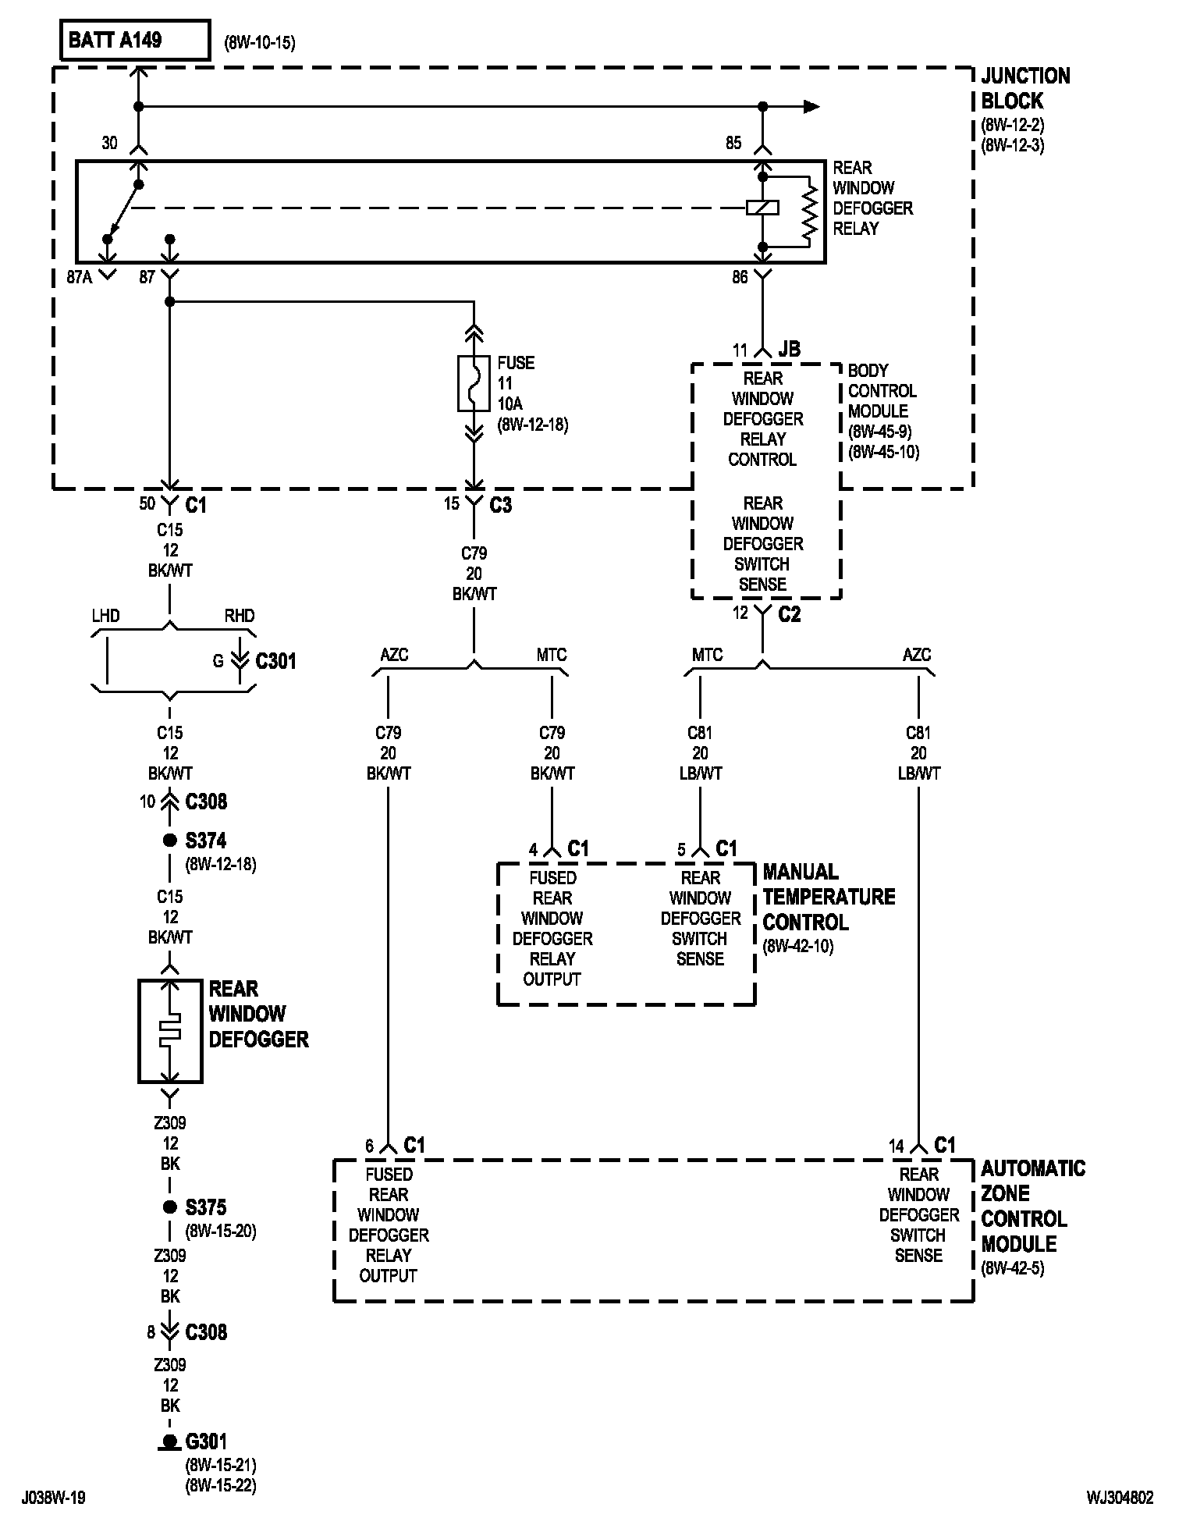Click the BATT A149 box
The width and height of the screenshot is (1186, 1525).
[x=135, y=41]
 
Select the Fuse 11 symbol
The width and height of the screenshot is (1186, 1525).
[x=474, y=383]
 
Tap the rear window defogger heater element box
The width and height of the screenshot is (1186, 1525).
[x=170, y=1031]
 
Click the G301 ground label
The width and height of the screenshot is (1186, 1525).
[x=206, y=1441]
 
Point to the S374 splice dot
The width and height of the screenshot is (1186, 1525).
[x=169, y=841]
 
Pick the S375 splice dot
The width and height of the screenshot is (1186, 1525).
[x=169, y=1207]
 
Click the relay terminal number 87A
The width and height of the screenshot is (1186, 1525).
[x=80, y=277]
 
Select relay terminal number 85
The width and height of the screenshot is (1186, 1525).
[x=733, y=144]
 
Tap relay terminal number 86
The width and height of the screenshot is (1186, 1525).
[x=740, y=277]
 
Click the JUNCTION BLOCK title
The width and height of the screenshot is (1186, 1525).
[x=1025, y=88]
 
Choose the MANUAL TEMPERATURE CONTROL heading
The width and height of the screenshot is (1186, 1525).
[x=829, y=897]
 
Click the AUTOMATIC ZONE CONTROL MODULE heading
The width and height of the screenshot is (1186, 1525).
[x=1033, y=1206]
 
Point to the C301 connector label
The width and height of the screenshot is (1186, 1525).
[x=276, y=661]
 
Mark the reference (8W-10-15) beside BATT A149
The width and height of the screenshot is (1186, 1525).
[x=260, y=43]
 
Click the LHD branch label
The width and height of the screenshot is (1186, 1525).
[x=105, y=616]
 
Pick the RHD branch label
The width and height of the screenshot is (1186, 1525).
[x=240, y=616]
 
